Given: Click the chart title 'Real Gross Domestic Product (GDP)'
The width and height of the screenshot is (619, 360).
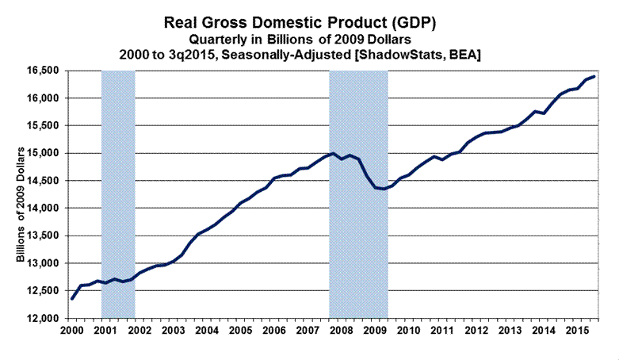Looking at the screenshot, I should coord(310,21).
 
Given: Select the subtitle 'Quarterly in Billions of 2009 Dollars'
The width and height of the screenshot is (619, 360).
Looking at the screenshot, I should coord(310,39).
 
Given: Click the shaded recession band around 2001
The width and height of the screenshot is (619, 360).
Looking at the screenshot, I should coord(118,190).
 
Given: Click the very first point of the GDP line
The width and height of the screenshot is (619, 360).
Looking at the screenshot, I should coord(72,298).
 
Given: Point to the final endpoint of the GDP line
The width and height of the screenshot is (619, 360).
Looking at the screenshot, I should coord(594,76).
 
